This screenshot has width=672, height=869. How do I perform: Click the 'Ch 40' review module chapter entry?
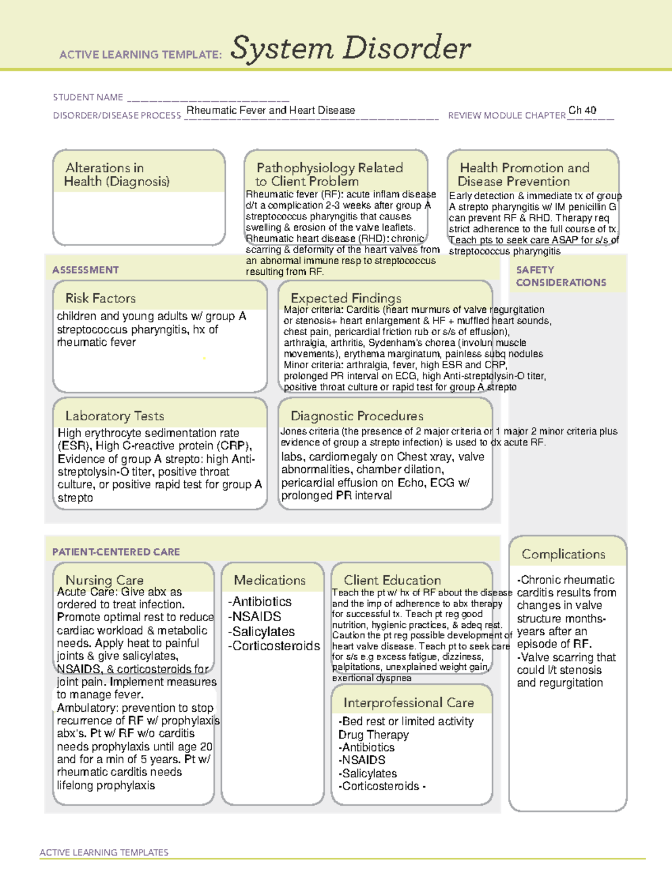pyautogui.click(x=582, y=110)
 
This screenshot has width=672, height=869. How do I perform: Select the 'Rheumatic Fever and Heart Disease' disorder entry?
pyautogui.click(x=270, y=110)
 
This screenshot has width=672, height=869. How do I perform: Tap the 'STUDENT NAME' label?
pyautogui.click(x=88, y=97)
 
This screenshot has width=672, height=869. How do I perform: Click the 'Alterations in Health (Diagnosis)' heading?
pyautogui.click(x=116, y=175)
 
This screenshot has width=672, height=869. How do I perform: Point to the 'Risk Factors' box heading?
pyautogui.click(x=100, y=298)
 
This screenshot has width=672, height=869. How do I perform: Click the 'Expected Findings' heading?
pyautogui.click(x=346, y=298)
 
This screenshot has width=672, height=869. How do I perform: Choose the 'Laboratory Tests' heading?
pyautogui.click(x=114, y=416)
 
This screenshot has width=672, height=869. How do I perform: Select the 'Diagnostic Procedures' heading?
pyautogui.click(x=357, y=416)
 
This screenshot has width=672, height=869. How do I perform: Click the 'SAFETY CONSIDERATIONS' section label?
pyautogui.click(x=561, y=276)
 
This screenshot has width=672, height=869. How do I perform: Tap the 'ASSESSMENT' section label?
pyautogui.click(x=85, y=270)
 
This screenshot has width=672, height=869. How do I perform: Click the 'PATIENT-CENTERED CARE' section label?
pyautogui.click(x=116, y=552)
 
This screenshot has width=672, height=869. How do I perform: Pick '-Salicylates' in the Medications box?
pyautogui.click(x=261, y=631)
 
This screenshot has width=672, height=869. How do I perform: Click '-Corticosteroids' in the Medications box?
pyautogui.click(x=274, y=646)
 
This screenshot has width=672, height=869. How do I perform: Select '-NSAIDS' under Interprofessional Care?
pyautogui.click(x=362, y=760)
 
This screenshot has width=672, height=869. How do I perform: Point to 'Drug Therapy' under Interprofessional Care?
pyautogui.click(x=373, y=734)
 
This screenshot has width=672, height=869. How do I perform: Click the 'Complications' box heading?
pyautogui.click(x=563, y=554)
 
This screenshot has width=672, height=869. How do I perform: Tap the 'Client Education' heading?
pyautogui.click(x=392, y=580)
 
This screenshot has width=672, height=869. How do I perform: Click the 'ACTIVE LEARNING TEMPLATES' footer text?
pyautogui.click(x=104, y=852)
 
